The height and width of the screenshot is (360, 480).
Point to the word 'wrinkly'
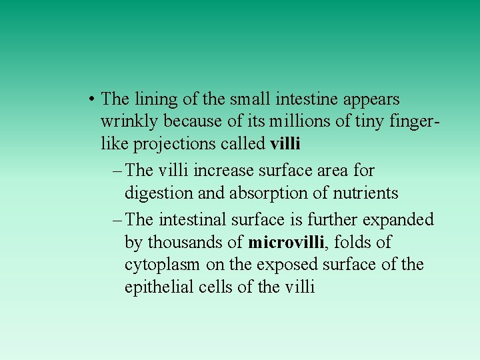click(x=130, y=122)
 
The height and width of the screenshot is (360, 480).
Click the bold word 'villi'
click(x=285, y=144)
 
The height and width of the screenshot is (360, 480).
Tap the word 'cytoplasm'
click(x=162, y=265)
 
